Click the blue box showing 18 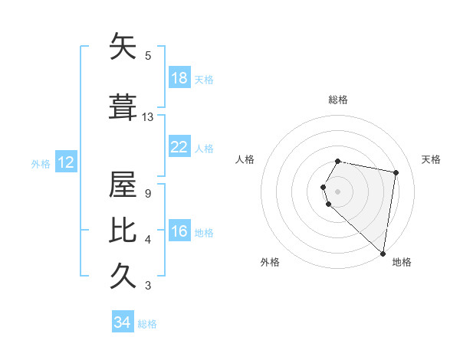[x=179, y=78]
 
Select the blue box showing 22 [x=179, y=147]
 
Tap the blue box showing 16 [x=179, y=231]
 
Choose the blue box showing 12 [x=65, y=162]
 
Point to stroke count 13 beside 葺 [x=148, y=117]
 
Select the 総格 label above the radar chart [x=338, y=100]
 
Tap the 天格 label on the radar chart [x=431, y=159]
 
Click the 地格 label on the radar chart [x=402, y=262]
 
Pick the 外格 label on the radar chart [x=270, y=262]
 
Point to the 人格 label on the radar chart [x=245, y=159]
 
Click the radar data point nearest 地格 [x=383, y=253]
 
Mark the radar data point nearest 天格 [x=396, y=172]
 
